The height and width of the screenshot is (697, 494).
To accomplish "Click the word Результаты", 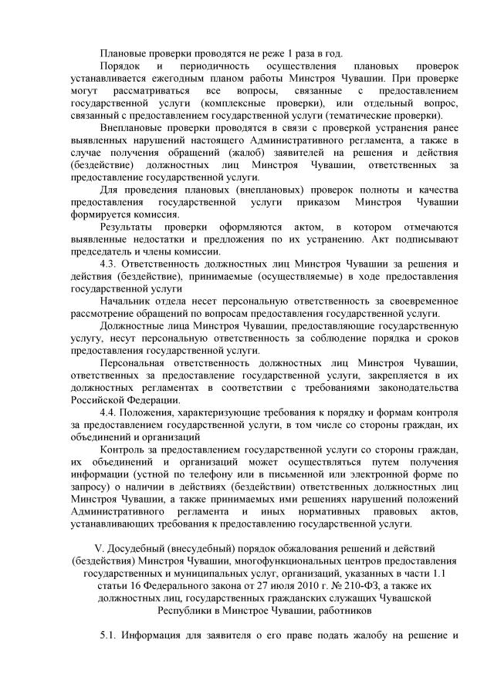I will point(127,227).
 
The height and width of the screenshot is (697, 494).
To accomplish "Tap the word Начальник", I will point(127,301).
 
